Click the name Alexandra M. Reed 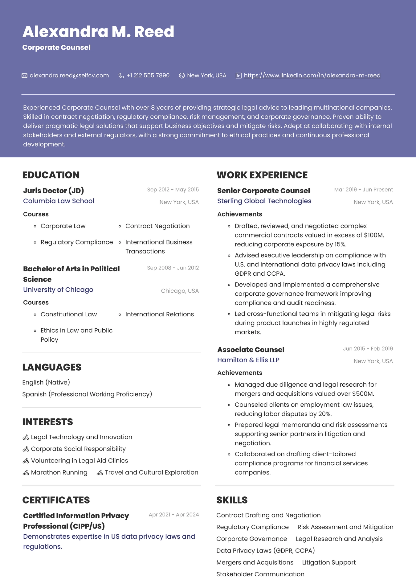click(x=98, y=32)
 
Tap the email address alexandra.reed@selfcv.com click(x=69, y=76)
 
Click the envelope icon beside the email click(x=24, y=76)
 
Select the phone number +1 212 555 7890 click(x=148, y=76)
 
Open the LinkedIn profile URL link click(x=312, y=76)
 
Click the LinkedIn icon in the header click(x=239, y=76)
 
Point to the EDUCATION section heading click(x=51, y=175)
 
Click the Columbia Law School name click(x=59, y=201)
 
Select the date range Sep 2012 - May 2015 click(x=173, y=190)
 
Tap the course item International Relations click(x=159, y=314)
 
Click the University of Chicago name click(x=58, y=290)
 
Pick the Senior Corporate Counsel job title click(x=263, y=191)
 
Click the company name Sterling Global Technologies click(x=264, y=201)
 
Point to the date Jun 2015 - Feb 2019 click(x=368, y=349)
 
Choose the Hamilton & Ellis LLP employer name click(x=248, y=360)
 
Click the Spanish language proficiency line click(x=87, y=394)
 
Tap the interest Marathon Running click(x=59, y=472)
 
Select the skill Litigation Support click(x=328, y=562)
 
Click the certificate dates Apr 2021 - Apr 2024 click(x=173, y=515)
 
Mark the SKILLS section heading click(x=232, y=500)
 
